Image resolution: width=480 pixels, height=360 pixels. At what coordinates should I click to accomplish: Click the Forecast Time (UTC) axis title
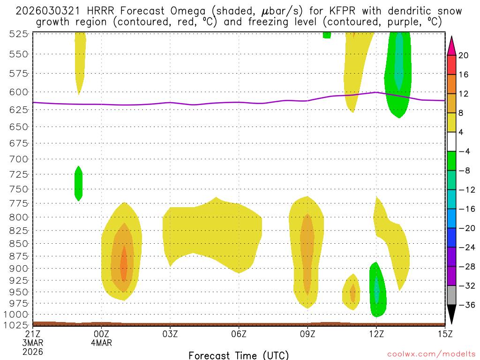pyautogui.click(x=239, y=355)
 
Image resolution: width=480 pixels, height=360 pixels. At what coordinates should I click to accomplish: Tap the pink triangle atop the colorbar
pyautogui.click(x=451, y=45)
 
